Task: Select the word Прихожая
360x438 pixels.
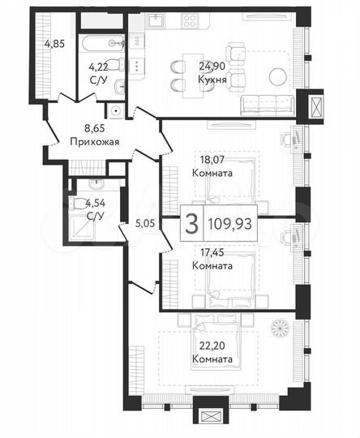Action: [94, 142]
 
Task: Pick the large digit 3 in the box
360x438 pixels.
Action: [191, 225]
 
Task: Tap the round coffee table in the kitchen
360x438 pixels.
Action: [278, 77]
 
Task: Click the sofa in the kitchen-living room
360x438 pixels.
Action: [268, 103]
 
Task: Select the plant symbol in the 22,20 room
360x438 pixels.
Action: [280, 328]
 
